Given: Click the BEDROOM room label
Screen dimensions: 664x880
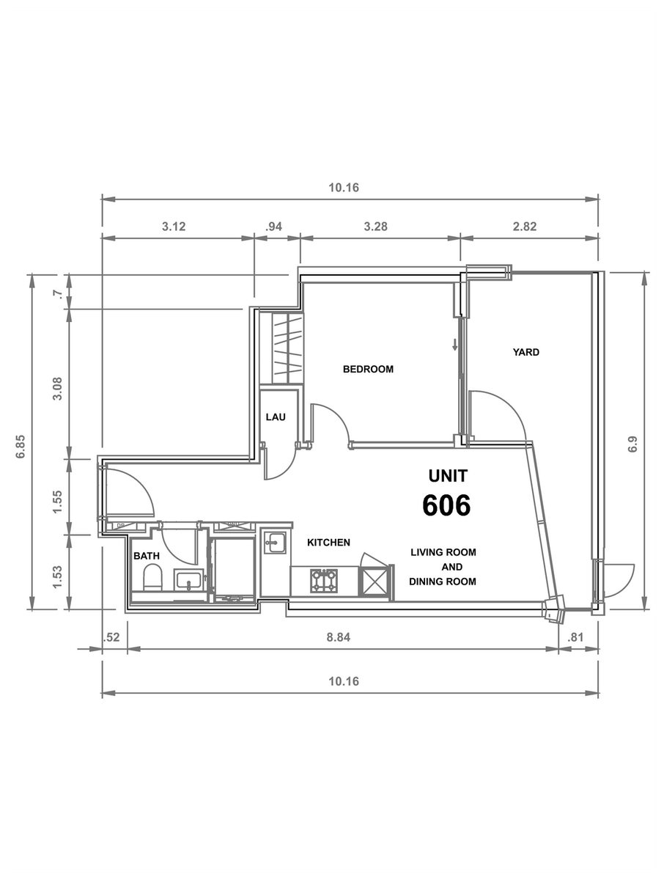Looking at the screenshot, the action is [x=368, y=370].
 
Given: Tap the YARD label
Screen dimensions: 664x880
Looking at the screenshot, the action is [x=526, y=353].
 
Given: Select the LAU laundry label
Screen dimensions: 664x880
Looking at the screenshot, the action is [x=276, y=417].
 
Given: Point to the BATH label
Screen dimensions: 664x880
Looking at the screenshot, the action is [x=147, y=556].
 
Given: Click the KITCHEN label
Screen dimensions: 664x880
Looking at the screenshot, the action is [x=328, y=543].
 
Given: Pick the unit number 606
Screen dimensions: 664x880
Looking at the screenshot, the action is [x=446, y=505].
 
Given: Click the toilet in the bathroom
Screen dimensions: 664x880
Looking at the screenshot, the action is [x=152, y=577].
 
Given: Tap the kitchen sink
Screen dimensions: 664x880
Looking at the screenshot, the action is [x=275, y=543].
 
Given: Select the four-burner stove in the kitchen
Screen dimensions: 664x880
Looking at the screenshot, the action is [x=324, y=581].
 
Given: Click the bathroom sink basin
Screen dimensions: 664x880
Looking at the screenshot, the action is [x=188, y=580].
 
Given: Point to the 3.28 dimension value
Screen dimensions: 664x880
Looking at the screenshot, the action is [x=375, y=227].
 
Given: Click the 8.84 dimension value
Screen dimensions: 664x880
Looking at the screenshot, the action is [x=339, y=637].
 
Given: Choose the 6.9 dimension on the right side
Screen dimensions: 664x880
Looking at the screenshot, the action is [x=632, y=444].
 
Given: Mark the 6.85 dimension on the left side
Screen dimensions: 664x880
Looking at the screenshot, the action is [x=21, y=447].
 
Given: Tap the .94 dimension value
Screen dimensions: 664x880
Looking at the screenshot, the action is [x=273, y=227].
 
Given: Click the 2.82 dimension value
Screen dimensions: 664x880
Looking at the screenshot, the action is [x=525, y=227].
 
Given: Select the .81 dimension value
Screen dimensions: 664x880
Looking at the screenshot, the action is [x=575, y=637].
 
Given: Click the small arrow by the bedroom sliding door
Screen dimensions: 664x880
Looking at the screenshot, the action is [x=455, y=345].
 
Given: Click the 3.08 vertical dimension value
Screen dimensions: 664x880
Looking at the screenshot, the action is [x=58, y=389].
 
